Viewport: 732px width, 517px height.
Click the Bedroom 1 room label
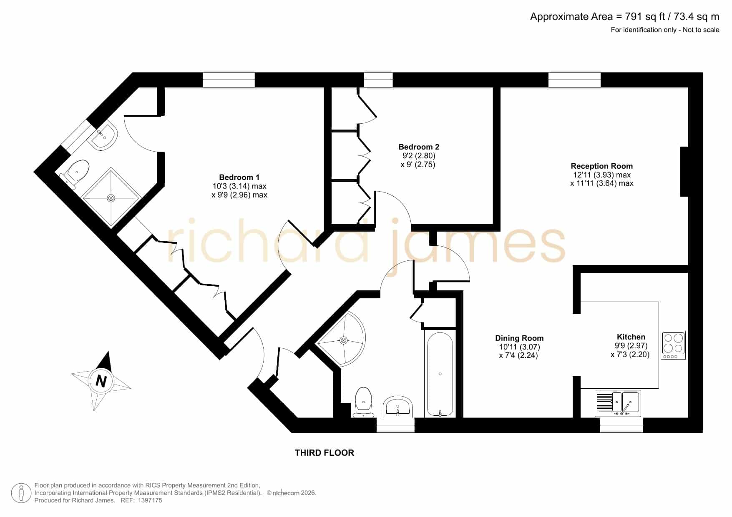(239, 177)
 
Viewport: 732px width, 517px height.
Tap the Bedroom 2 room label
(419, 147)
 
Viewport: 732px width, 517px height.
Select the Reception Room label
(601, 166)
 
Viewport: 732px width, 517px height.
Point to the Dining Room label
(519, 338)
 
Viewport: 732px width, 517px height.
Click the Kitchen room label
(631, 337)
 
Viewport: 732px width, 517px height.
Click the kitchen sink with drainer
(618, 403)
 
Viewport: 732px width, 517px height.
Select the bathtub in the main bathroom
(440, 375)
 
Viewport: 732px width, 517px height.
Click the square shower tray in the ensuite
(111, 198)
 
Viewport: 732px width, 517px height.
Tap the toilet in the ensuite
(75, 175)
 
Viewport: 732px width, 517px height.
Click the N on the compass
(101, 381)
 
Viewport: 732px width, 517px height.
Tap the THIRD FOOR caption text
(324, 453)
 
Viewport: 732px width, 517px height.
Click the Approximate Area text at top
(624, 17)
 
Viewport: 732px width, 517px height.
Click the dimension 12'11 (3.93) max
(602, 175)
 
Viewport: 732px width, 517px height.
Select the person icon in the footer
(20, 493)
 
